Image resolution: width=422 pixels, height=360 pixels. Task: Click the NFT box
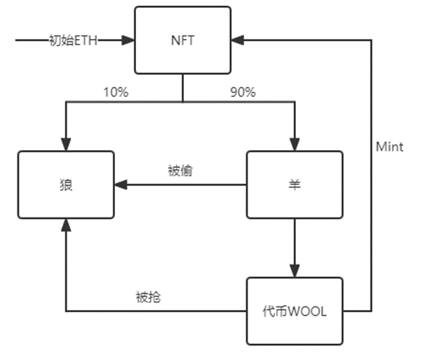tap(182, 40)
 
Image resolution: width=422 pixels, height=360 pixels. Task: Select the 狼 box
tap(66, 185)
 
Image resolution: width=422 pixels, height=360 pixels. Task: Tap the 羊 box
tap(293, 185)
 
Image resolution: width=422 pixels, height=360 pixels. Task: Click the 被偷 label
tap(180, 171)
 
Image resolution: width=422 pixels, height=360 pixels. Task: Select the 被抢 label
tap(148, 297)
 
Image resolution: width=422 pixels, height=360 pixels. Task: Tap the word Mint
tap(389, 147)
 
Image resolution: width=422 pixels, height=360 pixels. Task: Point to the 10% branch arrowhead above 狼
tap(66, 145)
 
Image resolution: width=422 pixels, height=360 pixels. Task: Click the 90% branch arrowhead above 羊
tap(293, 145)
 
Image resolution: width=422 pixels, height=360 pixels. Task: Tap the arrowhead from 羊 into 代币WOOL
tap(293, 272)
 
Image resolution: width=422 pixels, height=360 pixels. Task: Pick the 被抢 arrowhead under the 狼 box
tap(66, 225)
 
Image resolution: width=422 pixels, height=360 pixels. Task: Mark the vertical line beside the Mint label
tap(373, 181)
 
